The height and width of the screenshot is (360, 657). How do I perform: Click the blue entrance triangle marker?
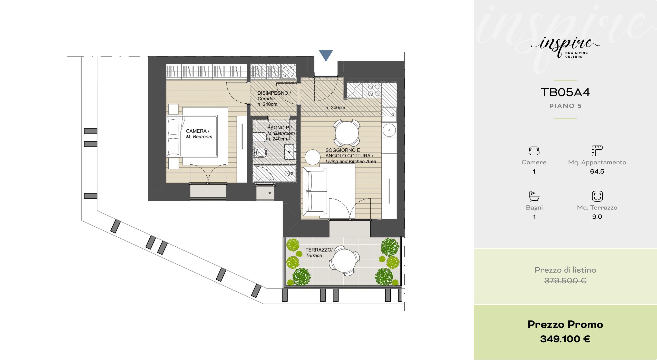(x=326, y=55)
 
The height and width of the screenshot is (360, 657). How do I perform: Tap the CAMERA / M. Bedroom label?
(x=199, y=134)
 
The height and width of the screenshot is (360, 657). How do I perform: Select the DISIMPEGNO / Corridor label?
(x=274, y=96)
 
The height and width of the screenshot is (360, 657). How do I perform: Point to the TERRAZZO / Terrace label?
(x=319, y=253)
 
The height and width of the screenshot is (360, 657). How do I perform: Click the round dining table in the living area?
(x=346, y=133)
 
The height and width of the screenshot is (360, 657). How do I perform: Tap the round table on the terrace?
(x=344, y=261)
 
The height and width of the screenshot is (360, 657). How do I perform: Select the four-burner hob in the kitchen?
(x=374, y=90)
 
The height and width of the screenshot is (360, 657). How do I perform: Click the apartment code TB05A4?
(x=565, y=92)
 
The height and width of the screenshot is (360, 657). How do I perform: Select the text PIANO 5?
(x=565, y=106)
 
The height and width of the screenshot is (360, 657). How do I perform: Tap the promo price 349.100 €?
(x=565, y=339)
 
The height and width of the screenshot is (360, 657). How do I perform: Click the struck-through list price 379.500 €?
(x=565, y=281)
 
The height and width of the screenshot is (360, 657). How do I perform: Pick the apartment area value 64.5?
(x=597, y=172)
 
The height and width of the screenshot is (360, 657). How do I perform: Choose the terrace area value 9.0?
(x=597, y=217)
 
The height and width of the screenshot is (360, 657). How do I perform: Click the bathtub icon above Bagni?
(x=534, y=196)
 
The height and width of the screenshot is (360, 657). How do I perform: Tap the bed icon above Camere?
(x=534, y=151)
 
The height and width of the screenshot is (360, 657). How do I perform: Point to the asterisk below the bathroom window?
(x=269, y=193)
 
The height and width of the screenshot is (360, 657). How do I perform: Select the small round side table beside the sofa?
(x=313, y=157)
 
